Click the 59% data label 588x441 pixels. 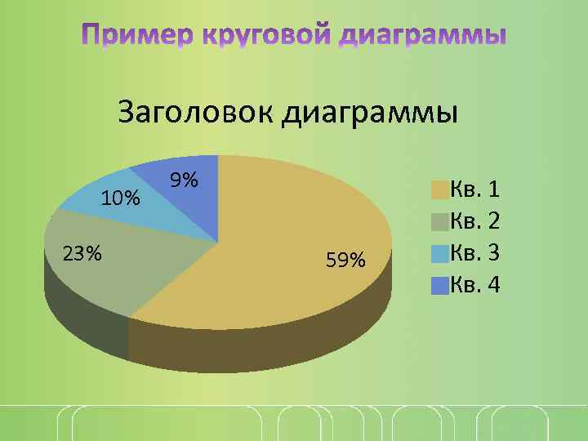(345, 261)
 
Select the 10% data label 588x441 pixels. (120, 198)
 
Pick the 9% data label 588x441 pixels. (185, 179)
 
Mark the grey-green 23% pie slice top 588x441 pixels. (122, 261)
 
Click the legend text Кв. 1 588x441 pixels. (475, 190)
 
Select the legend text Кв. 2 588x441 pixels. (475, 221)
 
